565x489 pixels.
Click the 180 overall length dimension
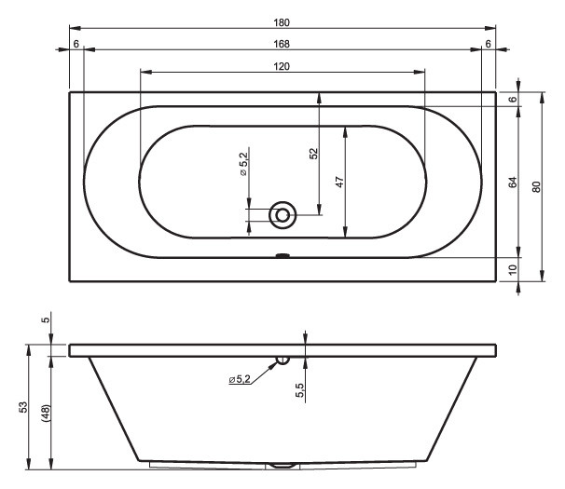[282, 22]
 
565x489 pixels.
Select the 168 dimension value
[282, 44]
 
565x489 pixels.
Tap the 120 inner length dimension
[282, 67]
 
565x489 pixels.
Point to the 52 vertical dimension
[314, 154]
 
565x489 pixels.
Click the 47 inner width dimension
[339, 182]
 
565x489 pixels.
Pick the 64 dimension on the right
[513, 183]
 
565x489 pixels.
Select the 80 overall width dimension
[536, 187]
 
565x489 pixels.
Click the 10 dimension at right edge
[513, 269]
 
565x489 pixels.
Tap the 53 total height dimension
[23, 407]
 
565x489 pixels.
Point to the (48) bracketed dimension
[46, 413]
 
